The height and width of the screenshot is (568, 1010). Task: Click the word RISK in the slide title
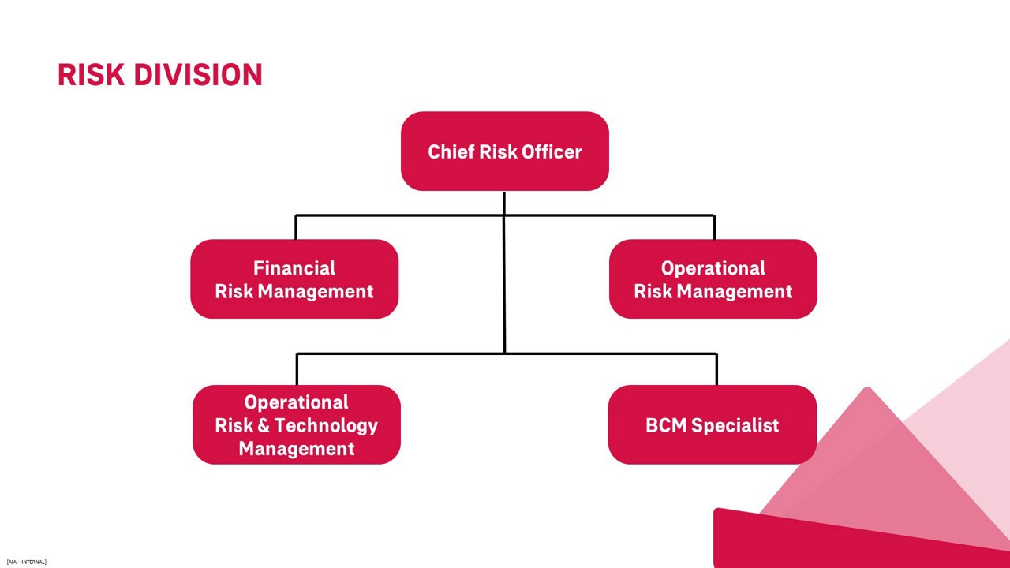click(x=91, y=75)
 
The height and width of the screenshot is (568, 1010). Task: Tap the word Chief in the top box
click(x=451, y=151)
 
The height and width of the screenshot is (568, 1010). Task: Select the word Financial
click(x=294, y=268)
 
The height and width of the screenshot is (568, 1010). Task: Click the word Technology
click(x=326, y=426)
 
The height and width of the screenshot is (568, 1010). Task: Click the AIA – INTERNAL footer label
click(x=26, y=562)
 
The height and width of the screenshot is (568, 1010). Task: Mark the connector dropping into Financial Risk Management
click(x=296, y=227)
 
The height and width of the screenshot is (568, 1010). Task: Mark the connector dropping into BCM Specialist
click(x=716, y=369)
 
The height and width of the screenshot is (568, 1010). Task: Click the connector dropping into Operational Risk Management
click(x=714, y=227)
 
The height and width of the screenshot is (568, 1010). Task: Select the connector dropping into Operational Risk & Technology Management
click(x=297, y=369)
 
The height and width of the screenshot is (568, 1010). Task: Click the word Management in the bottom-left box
click(x=297, y=449)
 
